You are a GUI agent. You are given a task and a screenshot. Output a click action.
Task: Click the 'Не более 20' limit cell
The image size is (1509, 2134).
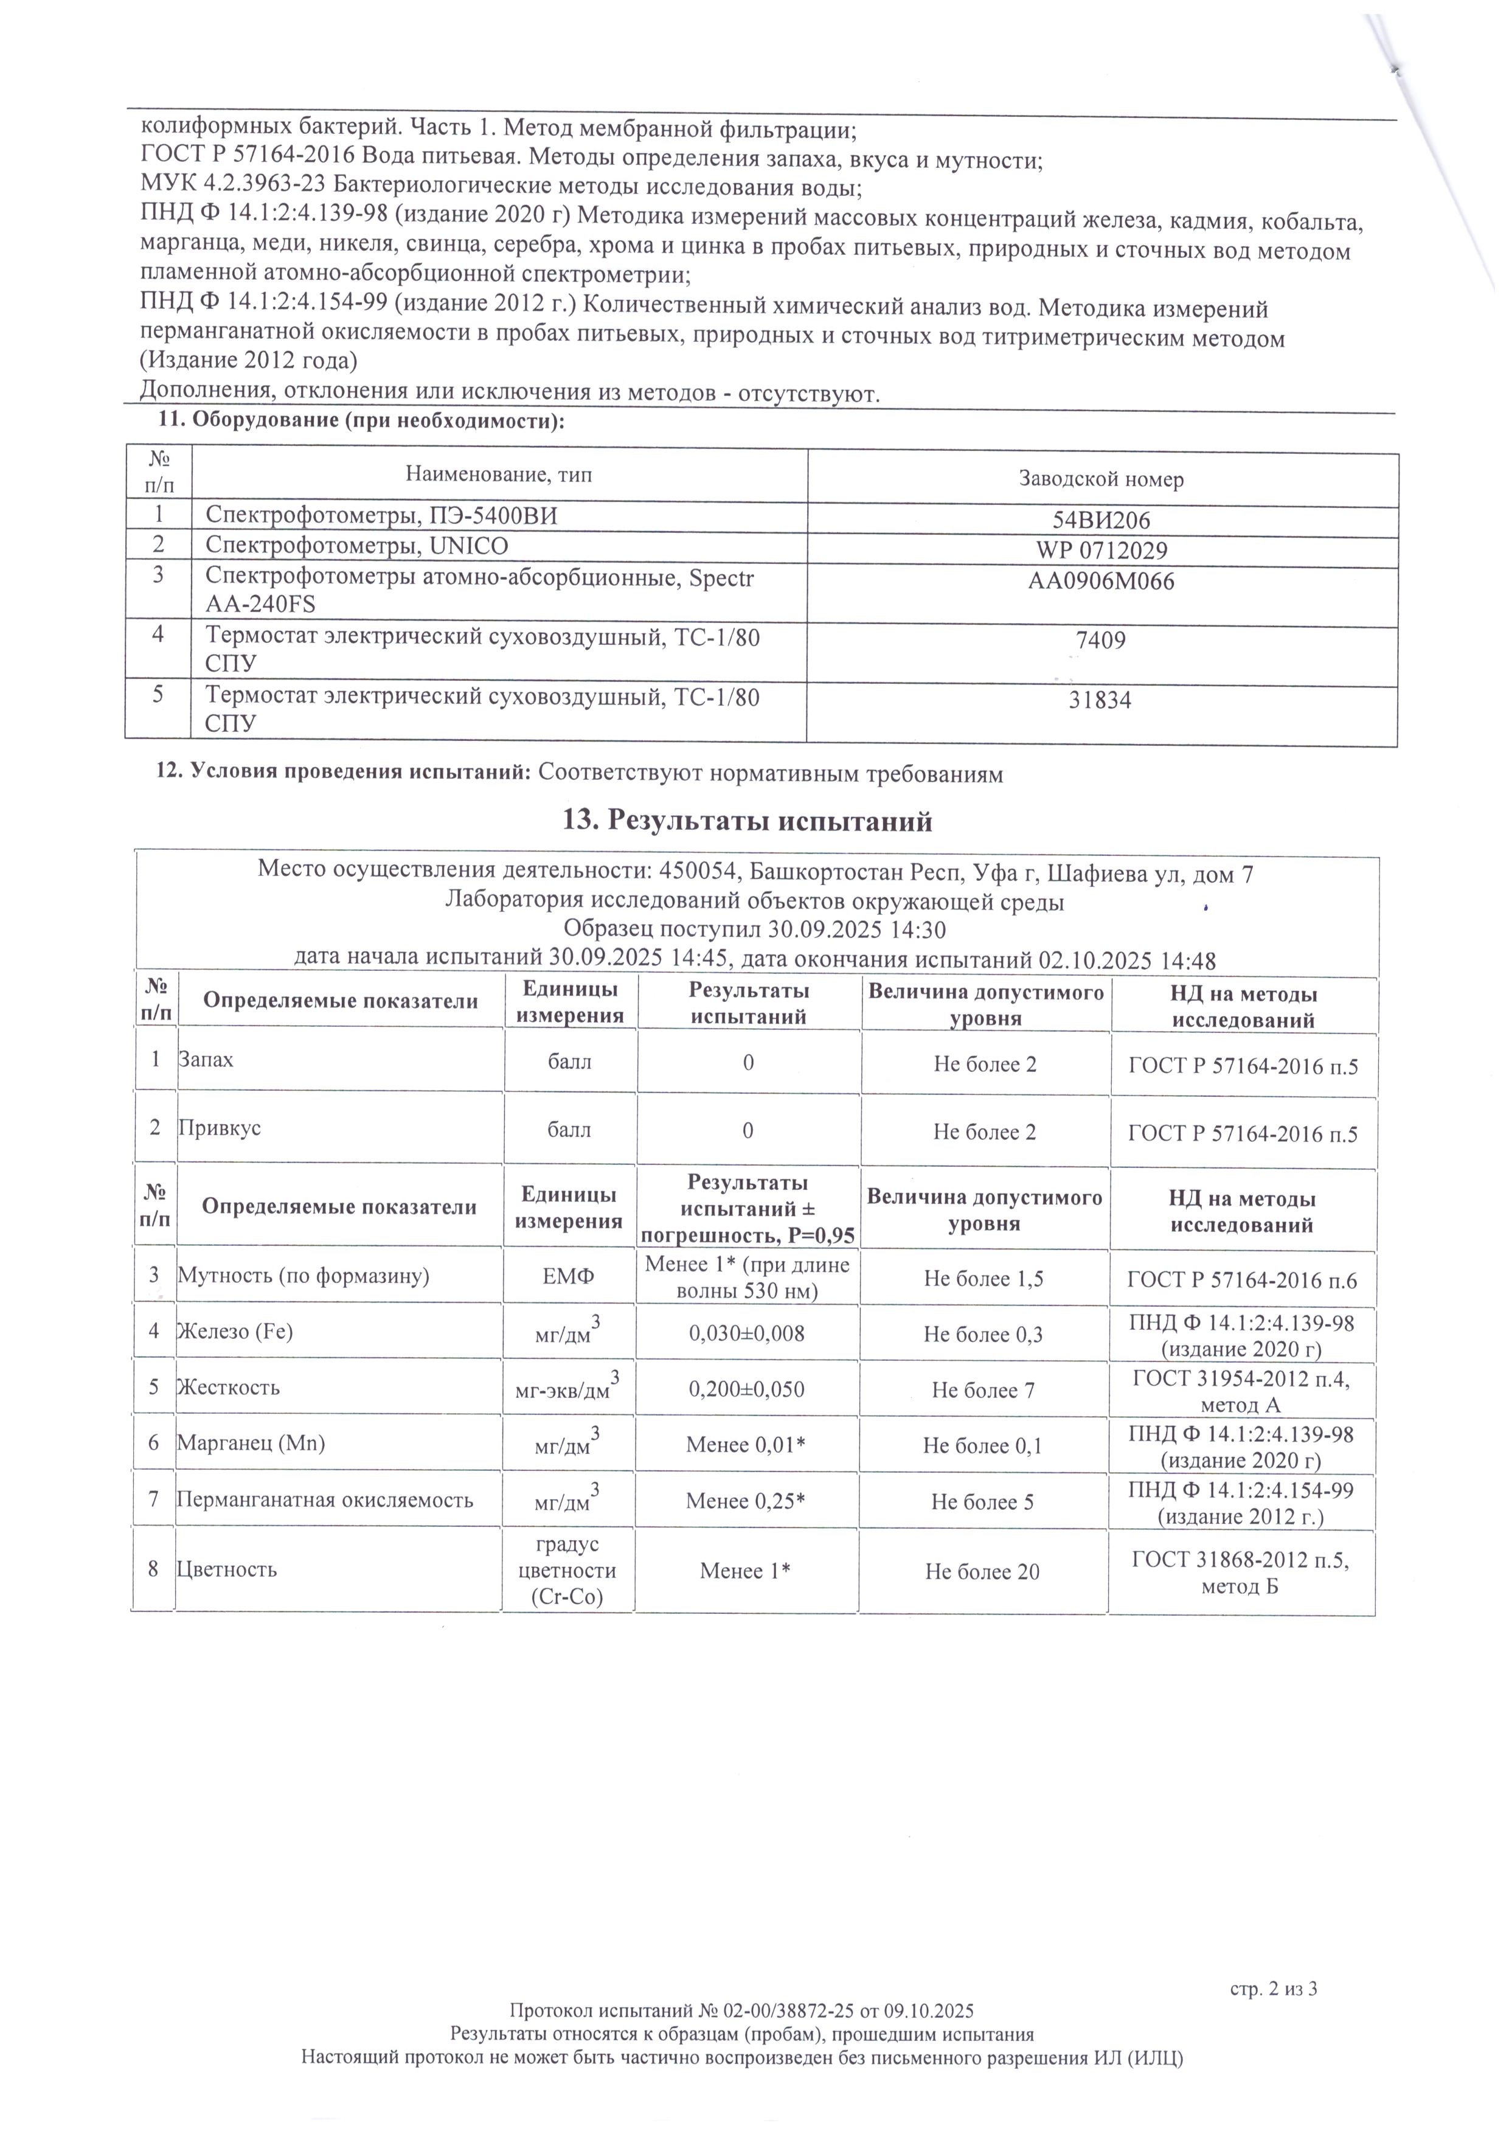982,1572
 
